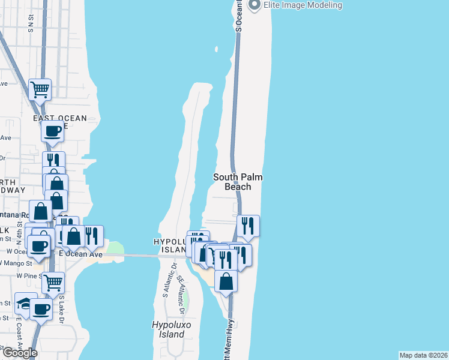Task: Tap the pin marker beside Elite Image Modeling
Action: click(x=253, y=5)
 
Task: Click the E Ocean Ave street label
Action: click(x=80, y=255)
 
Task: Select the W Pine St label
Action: click(x=28, y=275)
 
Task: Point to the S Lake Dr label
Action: click(x=62, y=309)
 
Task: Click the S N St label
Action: click(x=30, y=23)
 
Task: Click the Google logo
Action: click(x=19, y=353)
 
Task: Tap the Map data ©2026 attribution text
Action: click(x=424, y=355)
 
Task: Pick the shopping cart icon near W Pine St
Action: click(x=53, y=281)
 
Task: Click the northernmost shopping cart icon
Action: click(x=40, y=89)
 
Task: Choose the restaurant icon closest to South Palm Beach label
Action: click(x=248, y=226)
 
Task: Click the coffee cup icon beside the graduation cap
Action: click(x=41, y=309)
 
